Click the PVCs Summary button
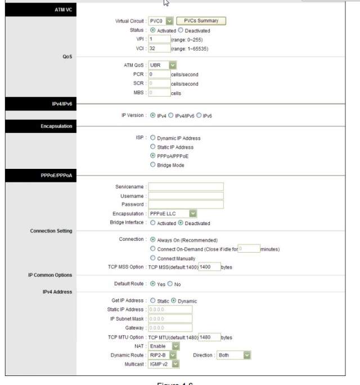201,21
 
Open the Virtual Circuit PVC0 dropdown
161,21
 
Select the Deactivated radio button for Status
181,30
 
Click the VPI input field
159,39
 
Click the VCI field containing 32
159,49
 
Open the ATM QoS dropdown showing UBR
163,65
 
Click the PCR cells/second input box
159,74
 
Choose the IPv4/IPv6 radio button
171,115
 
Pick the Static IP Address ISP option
153,147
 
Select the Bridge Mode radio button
153,165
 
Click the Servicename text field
186,186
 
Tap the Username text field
186,195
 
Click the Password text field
186,204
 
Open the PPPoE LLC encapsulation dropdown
172,214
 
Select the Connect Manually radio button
153,258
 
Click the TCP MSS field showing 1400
209,267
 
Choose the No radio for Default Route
170,284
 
